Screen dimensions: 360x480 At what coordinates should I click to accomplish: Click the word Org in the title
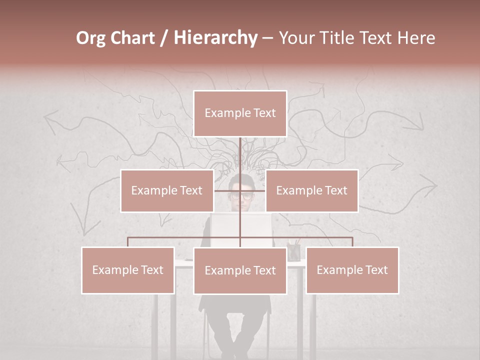[91, 38]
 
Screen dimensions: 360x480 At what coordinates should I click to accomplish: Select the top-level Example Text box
[240, 113]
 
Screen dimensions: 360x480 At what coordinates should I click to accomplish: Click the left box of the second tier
[167, 190]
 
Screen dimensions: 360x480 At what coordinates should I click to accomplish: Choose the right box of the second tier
[312, 190]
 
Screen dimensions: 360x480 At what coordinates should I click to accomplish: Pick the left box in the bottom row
[128, 270]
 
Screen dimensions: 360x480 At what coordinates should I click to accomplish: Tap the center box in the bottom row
[240, 270]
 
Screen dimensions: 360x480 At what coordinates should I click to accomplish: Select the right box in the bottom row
[352, 270]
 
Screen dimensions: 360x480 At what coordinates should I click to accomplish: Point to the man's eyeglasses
[241, 195]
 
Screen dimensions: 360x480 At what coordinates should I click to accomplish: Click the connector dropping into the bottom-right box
[352, 242]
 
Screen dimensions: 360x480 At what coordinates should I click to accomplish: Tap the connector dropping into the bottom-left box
[128, 242]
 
